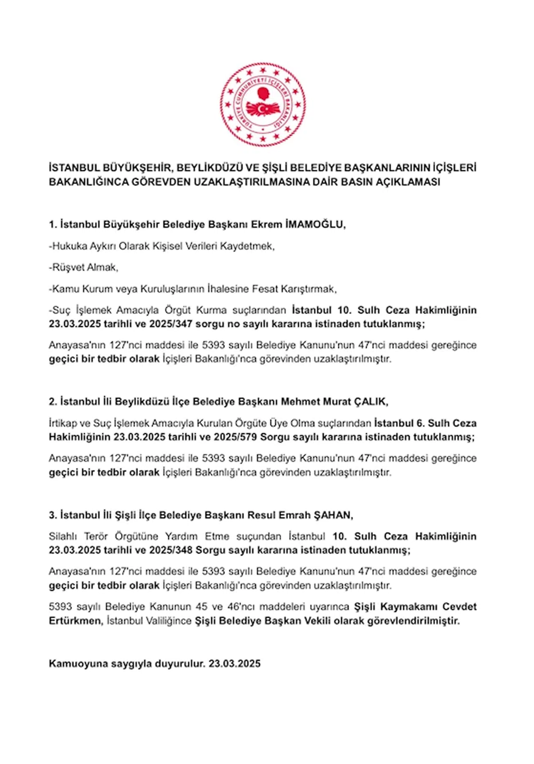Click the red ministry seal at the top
pos(263,105)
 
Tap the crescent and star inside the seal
pos(262,109)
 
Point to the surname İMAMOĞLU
pos(315,225)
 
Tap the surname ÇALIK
pos(371,402)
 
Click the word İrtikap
pos(63,423)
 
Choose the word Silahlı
pos(63,536)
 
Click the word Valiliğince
pos(168,621)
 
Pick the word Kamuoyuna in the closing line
pos(78,663)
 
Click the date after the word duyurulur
pos(235,663)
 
